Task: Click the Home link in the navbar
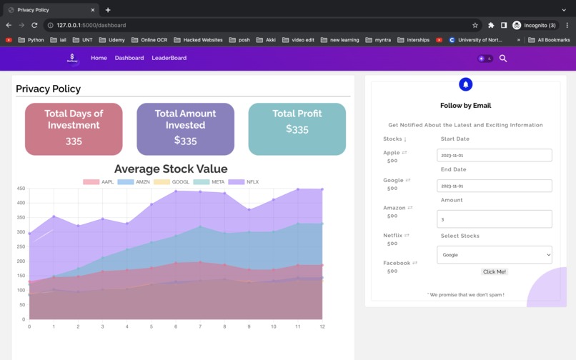tap(99, 58)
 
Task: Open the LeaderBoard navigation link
tap(169, 58)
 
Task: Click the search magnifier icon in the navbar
tap(503, 59)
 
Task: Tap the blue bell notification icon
tap(465, 85)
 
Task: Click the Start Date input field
tap(494, 155)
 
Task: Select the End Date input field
tap(494, 186)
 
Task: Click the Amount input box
tap(494, 219)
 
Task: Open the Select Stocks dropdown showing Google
tap(494, 254)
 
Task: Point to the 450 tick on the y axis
tap(21, 189)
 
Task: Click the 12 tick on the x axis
tap(322, 326)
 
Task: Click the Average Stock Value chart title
tap(171, 169)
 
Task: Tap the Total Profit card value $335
tap(297, 129)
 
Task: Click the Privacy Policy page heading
tap(48, 89)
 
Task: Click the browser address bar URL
tap(91, 25)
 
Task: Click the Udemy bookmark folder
tap(112, 40)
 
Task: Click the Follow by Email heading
tap(465, 106)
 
